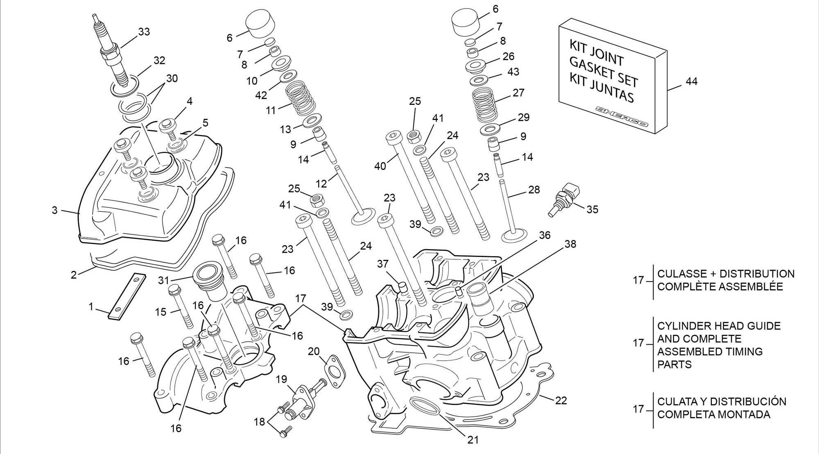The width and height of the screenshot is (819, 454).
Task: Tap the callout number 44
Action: click(691, 82)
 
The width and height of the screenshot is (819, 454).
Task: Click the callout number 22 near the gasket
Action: click(561, 400)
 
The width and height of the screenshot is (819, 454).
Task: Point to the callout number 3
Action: click(54, 211)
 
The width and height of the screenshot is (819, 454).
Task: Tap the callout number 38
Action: click(570, 244)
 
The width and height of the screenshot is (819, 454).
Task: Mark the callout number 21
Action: click(473, 440)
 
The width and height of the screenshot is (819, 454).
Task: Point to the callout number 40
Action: click(380, 166)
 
